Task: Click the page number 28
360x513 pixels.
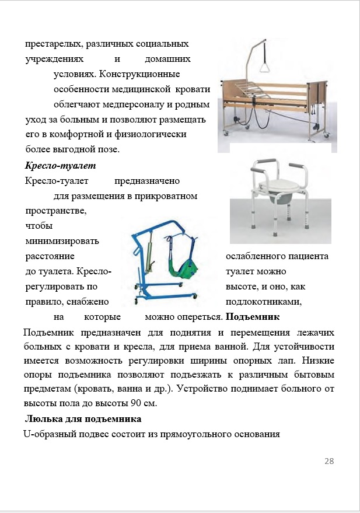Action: [328, 461]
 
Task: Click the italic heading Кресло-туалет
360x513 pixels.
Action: [51, 165]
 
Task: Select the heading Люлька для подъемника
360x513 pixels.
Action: [83, 419]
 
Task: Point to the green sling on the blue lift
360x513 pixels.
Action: [186, 268]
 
